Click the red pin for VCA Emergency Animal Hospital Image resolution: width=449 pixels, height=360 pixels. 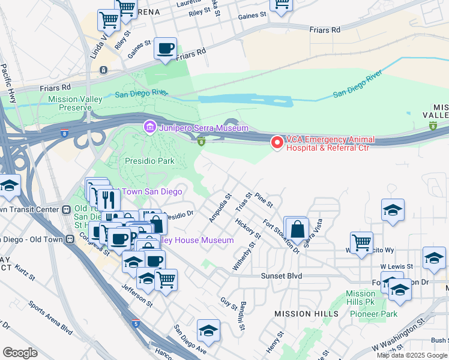277,142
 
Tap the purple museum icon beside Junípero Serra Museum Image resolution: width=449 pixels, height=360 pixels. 149,127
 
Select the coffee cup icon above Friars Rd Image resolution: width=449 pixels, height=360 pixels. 165,49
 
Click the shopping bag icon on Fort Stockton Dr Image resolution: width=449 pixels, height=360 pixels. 297,229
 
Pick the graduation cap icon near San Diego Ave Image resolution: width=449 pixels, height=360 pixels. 208,331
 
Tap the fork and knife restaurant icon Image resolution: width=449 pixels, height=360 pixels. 108,199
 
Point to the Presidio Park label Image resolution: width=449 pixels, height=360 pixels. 149,161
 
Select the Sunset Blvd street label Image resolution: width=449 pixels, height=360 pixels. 281,276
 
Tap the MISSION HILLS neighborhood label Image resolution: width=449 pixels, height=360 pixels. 302,314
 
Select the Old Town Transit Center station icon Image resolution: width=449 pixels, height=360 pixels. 67,209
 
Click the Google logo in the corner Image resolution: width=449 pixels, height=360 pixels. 20,352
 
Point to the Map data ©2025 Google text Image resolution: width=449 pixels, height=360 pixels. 411,355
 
